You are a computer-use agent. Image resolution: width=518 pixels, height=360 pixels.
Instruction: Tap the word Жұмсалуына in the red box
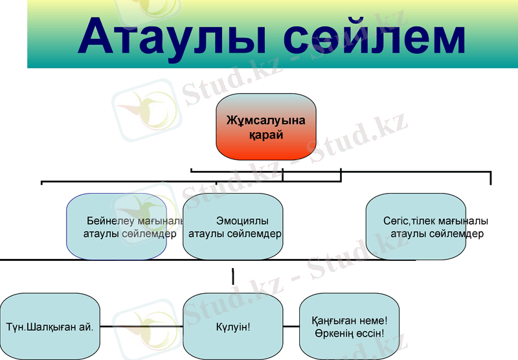tap(266, 120)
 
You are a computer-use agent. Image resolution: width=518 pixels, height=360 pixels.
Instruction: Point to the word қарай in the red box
tap(266, 135)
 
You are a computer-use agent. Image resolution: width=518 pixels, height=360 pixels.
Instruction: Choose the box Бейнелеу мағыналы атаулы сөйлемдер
tap(117, 227)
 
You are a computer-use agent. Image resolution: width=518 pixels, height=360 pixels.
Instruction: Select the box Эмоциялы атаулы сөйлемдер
tap(233, 227)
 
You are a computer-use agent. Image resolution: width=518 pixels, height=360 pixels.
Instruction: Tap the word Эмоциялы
tap(242, 220)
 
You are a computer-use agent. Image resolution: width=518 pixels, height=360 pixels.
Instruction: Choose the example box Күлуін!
tap(233, 326)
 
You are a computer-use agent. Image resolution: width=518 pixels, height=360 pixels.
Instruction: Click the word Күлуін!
tap(233, 326)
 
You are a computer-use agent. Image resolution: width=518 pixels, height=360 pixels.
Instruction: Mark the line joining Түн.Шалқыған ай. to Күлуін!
tap(142, 327)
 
